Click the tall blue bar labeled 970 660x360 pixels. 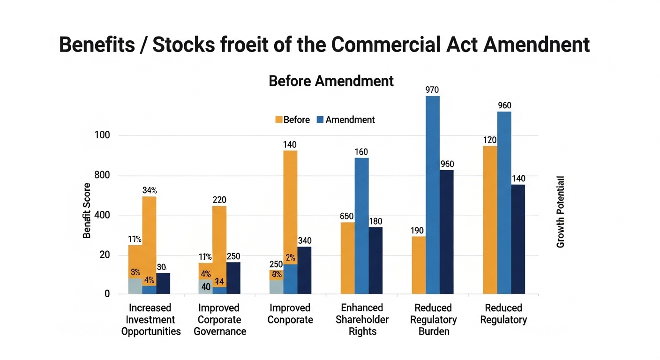click(433, 195)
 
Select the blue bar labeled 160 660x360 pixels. click(361, 225)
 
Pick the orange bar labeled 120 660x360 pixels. click(490, 220)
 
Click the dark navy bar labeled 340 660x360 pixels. click(304, 270)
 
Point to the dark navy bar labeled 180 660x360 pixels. click(375, 260)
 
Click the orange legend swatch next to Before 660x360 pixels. click(278, 120)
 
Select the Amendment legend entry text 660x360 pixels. click(350, 120)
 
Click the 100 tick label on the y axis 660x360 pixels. click(101, 135)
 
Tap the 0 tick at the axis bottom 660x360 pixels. click(107, 294)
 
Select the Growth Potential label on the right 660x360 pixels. click(561, 212)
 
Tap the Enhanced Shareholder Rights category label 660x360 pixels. click(362, 319)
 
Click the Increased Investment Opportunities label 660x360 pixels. click(151, 319)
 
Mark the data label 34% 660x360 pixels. click(149, 190)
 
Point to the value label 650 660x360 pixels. click(347, 217)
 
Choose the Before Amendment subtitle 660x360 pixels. click(331, 81)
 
